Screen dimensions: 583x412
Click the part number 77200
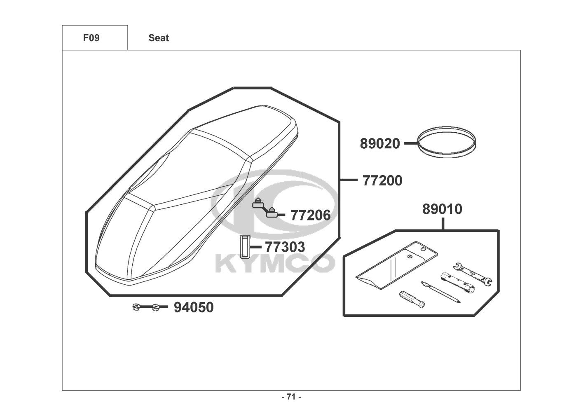pyautogui.click(x=382, y=180)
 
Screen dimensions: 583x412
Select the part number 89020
pyautogui.click(x=380, y=144)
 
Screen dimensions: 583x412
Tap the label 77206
pyautogui.click(x=310, y=215)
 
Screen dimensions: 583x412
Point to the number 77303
pyautogui.click(x=285, y=247)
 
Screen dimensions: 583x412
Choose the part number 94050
pyautogui.click(x=194, y=307)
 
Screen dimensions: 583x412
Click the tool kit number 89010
pyautogui.click(x=442, y=209)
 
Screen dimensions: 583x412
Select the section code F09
pyautogui.click(x=91, y=38)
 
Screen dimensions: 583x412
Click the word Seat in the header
pyautogui.click(x=159, y=38)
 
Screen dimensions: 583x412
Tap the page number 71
pyautogui.click(x=292, y=397)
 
